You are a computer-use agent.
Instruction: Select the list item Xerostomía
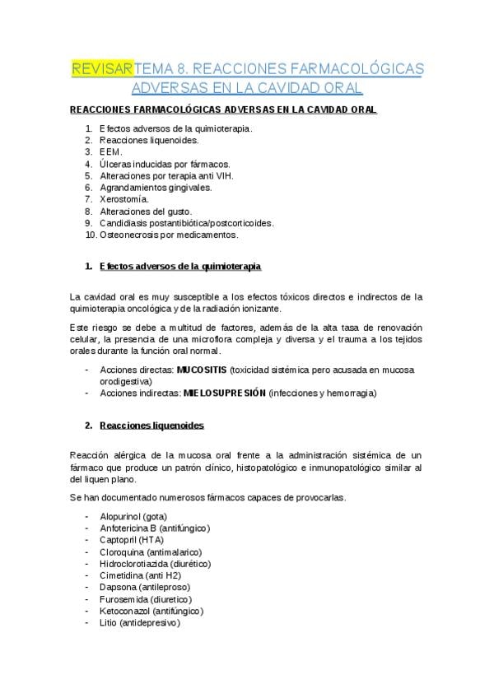pyautogui.click(x=123, y=199)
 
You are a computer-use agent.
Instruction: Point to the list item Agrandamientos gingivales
pyautogui.click(x=155, y=188)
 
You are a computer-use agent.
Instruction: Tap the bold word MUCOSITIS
pyautogui.click(x=202, y=370)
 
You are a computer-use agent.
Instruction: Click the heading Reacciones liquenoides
pyautogui.click(x=151, y=426)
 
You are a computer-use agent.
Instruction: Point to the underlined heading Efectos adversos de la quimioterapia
pyautogui.click(x=179, y=268)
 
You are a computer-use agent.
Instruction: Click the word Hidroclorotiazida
pyautogui.click(x=135, y=564)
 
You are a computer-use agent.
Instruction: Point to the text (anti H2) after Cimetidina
pyautogui.click(x=167, y=576)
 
